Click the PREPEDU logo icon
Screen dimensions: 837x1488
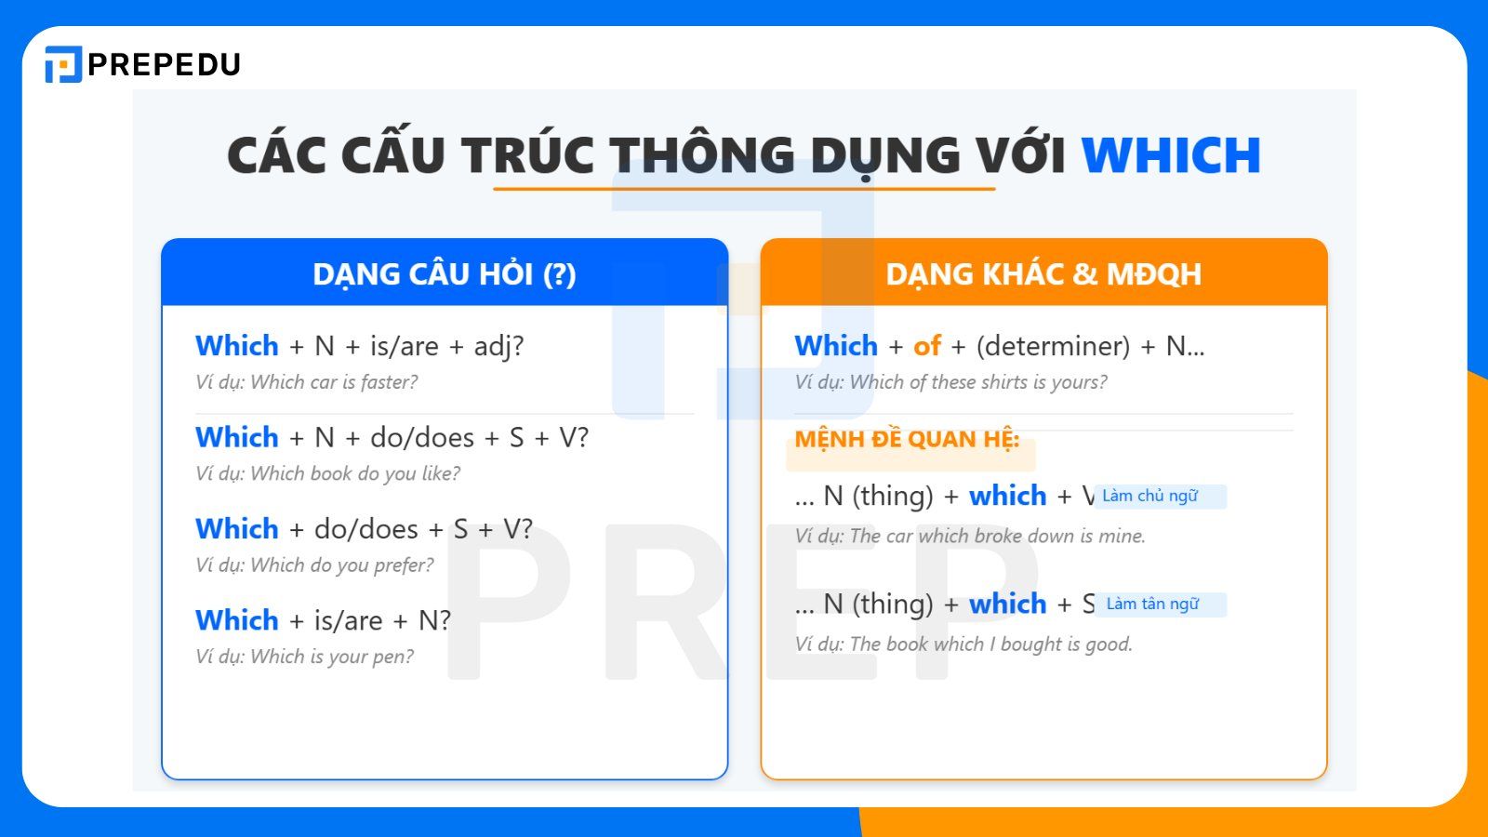pos(63,64)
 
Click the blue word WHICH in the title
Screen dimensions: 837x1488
pos(1170,155)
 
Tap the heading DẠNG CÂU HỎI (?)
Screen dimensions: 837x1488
pos(445,274)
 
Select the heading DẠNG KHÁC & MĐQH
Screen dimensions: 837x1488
pos(1043,274)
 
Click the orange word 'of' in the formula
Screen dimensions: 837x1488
pos(927,346)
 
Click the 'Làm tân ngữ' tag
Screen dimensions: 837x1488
pos(1152,604)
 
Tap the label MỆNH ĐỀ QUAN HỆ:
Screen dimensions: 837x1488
pos(907,439)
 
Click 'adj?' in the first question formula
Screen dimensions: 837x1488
pos(498,346)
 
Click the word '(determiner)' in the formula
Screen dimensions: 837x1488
pos(1053,346)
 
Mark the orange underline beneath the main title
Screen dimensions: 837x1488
pos(744,189)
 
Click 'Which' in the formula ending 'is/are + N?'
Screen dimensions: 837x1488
pos(237,620)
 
